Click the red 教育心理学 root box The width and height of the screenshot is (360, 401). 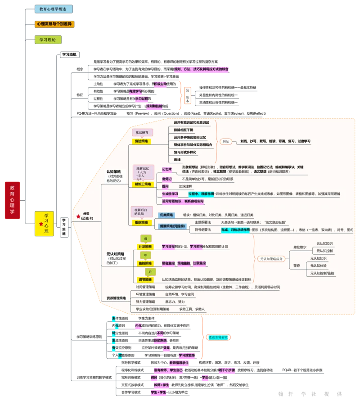click(x=12, y=200)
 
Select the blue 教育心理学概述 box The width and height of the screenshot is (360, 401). click(x=54, y=9)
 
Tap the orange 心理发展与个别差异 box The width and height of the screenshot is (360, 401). click(x=54, y=24)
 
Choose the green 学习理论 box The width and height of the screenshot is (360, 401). click(x=48, y=40)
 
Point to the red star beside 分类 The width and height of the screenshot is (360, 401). click(x=78, y=216)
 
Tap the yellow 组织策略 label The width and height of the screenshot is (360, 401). click(x=141, y=222)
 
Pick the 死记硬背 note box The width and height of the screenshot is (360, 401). click(x=142, y=132)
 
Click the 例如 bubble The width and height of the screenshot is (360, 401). click(x=226, y=141)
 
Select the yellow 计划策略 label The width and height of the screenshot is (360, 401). click(x=144, y=247)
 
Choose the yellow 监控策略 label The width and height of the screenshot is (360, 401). click(x=144, y=263)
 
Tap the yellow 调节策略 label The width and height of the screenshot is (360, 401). click(x=144, y=279)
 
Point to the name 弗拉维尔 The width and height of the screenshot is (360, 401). click(x=300, y=247)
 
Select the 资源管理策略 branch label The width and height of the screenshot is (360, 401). click(x=116, y=298)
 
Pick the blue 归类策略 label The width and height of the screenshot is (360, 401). click(x=167, y=215)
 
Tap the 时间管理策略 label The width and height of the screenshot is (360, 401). click(x=145, y=287)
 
